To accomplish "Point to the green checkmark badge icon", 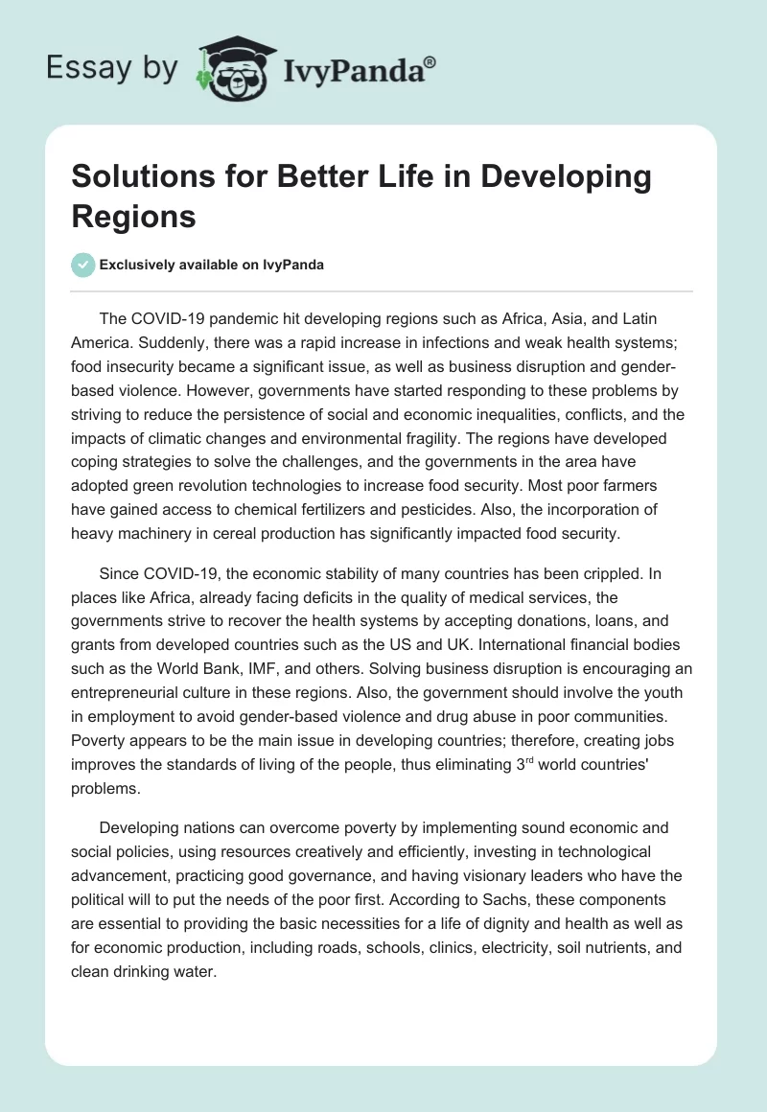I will [84, 266].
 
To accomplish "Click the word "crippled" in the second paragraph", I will [588, 574].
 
